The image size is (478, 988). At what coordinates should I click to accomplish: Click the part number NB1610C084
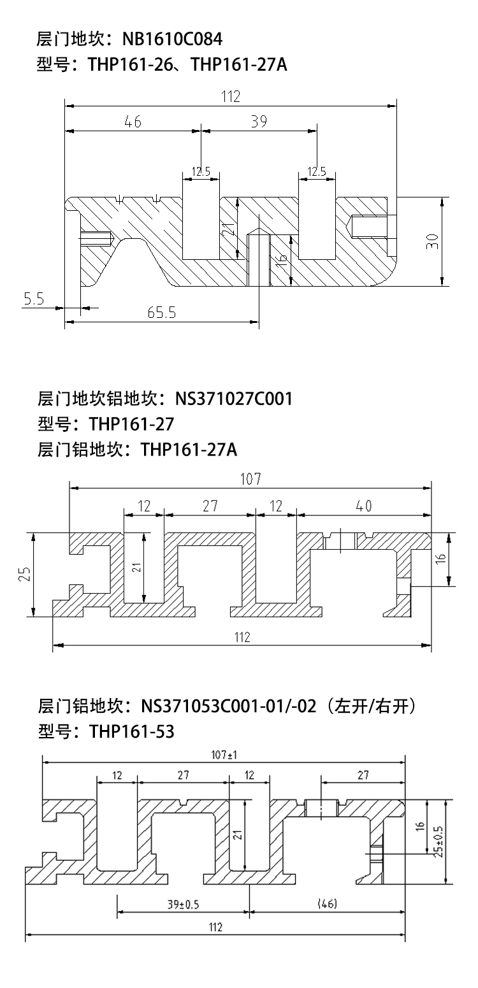(172, 39)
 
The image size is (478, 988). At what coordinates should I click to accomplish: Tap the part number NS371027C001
(234, 399)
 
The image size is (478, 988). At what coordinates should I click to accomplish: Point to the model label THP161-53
(132, 731)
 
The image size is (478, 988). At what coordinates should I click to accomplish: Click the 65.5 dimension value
(161, 313)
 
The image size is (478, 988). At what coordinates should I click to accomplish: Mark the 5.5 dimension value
(34, 299)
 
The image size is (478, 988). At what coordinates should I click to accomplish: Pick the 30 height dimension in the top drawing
(433, 241)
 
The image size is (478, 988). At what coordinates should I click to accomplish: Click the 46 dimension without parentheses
(133, 121)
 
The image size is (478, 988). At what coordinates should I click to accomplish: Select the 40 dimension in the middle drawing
(364, 506)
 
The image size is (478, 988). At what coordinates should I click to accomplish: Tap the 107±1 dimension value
(224, 755)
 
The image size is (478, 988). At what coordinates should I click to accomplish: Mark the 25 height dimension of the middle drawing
(25, 574)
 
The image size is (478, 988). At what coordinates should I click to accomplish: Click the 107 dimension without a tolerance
(250, 479)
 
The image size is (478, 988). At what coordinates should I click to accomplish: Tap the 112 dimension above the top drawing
(230, 97)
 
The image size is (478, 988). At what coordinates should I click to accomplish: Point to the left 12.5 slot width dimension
(201, 171)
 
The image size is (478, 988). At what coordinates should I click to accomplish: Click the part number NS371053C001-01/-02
(229, 706)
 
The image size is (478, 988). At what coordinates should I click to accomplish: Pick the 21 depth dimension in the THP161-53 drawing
(238, 834)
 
